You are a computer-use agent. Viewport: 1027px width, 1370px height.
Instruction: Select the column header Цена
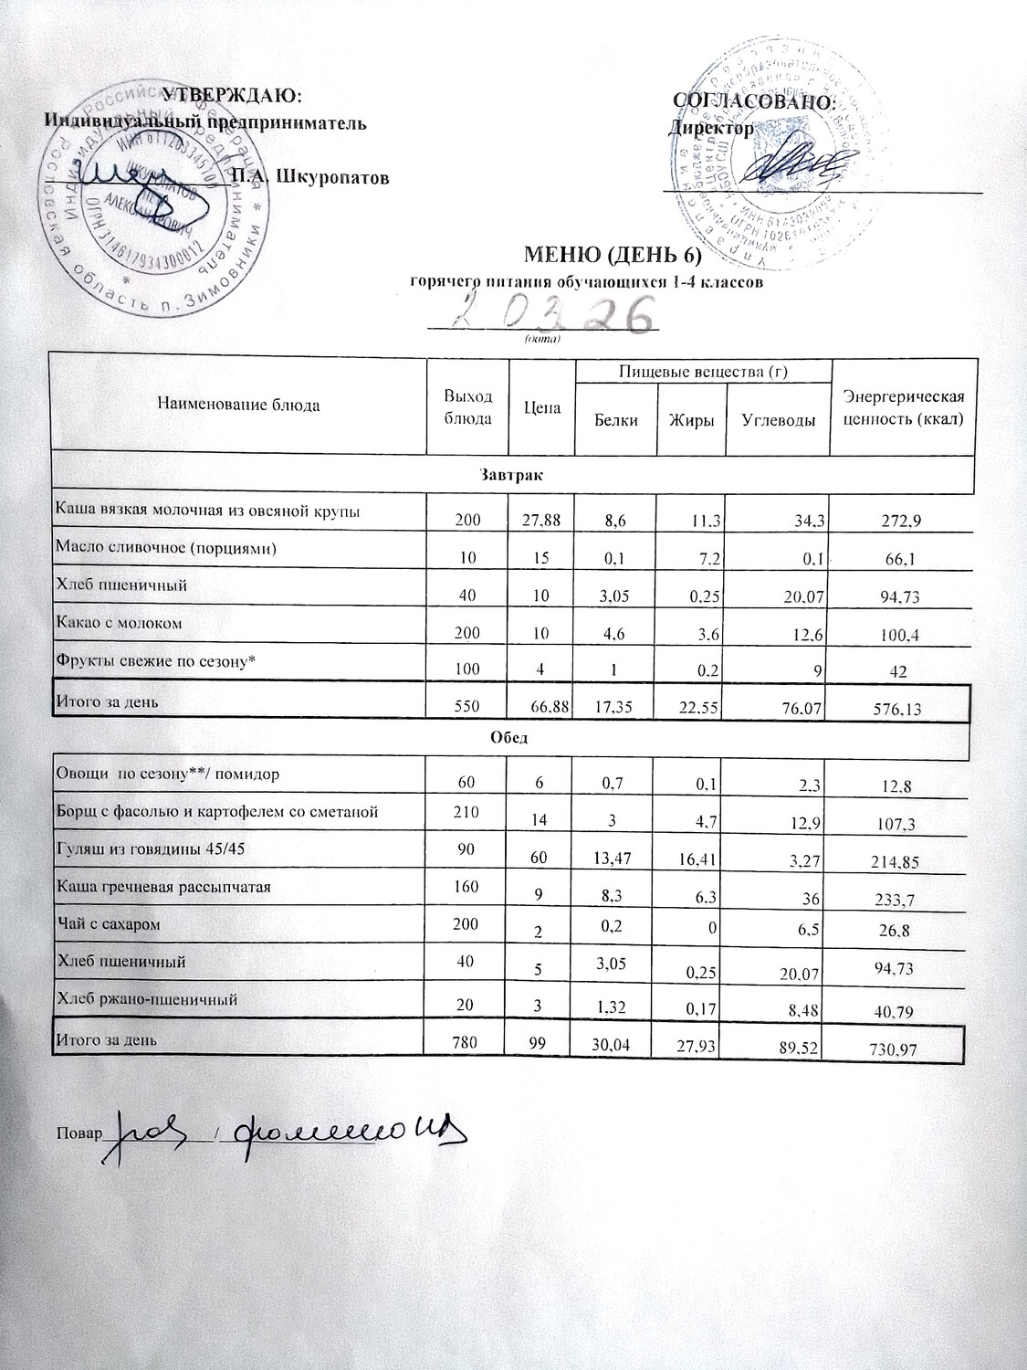542,408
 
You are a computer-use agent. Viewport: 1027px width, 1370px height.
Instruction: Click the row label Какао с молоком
120,623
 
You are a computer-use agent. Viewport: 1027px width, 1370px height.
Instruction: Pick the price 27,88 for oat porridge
540,521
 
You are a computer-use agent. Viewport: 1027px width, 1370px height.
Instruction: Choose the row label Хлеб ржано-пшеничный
147,999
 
